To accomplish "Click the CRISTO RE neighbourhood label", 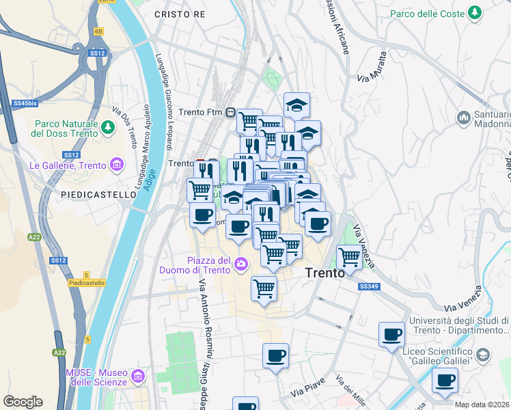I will pos(180,14).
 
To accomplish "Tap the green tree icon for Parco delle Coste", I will pos(474,14).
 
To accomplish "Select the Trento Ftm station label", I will pos(201,112).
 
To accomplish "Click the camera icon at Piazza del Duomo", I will pos(241,264).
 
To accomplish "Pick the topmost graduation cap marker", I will pos(296,105).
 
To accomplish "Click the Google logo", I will pos(23,402).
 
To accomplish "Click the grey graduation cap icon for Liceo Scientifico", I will pos(483,355).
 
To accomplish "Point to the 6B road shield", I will pos(99,31).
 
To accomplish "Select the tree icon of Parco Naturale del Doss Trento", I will pos(107,127).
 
